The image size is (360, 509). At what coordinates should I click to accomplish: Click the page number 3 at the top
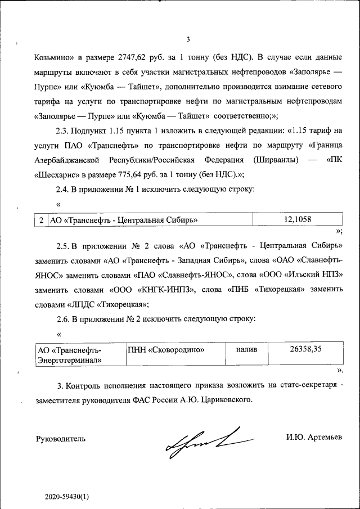tap(188, 39)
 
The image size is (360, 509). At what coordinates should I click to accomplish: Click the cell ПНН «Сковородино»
tap(166, 350)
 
